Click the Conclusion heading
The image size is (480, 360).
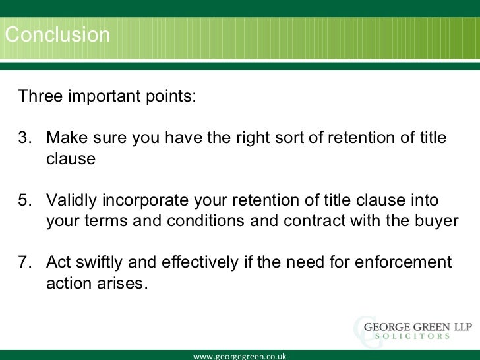coord(57,34)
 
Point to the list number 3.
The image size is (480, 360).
coord(24,138)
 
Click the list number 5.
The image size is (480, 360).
coord(24,200)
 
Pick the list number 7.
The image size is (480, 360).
coord(24,262)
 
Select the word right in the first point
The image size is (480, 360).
coord(253,138)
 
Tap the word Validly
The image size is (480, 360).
coord(73,200)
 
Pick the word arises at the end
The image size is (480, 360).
coord(123,284)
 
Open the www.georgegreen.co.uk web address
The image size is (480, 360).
coord(239,356)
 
